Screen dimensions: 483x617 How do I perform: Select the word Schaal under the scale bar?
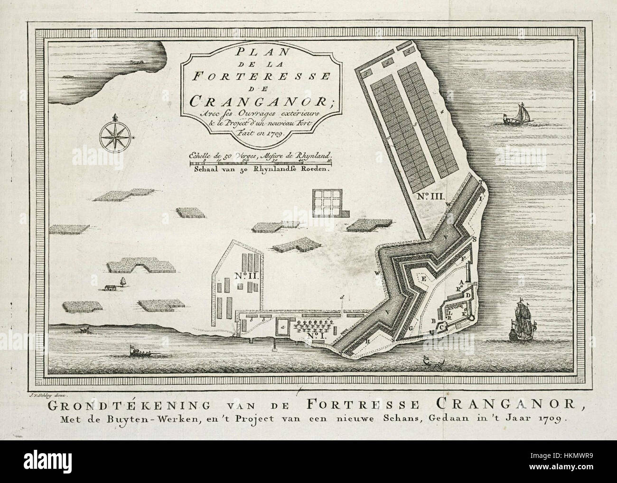[205, 172]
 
